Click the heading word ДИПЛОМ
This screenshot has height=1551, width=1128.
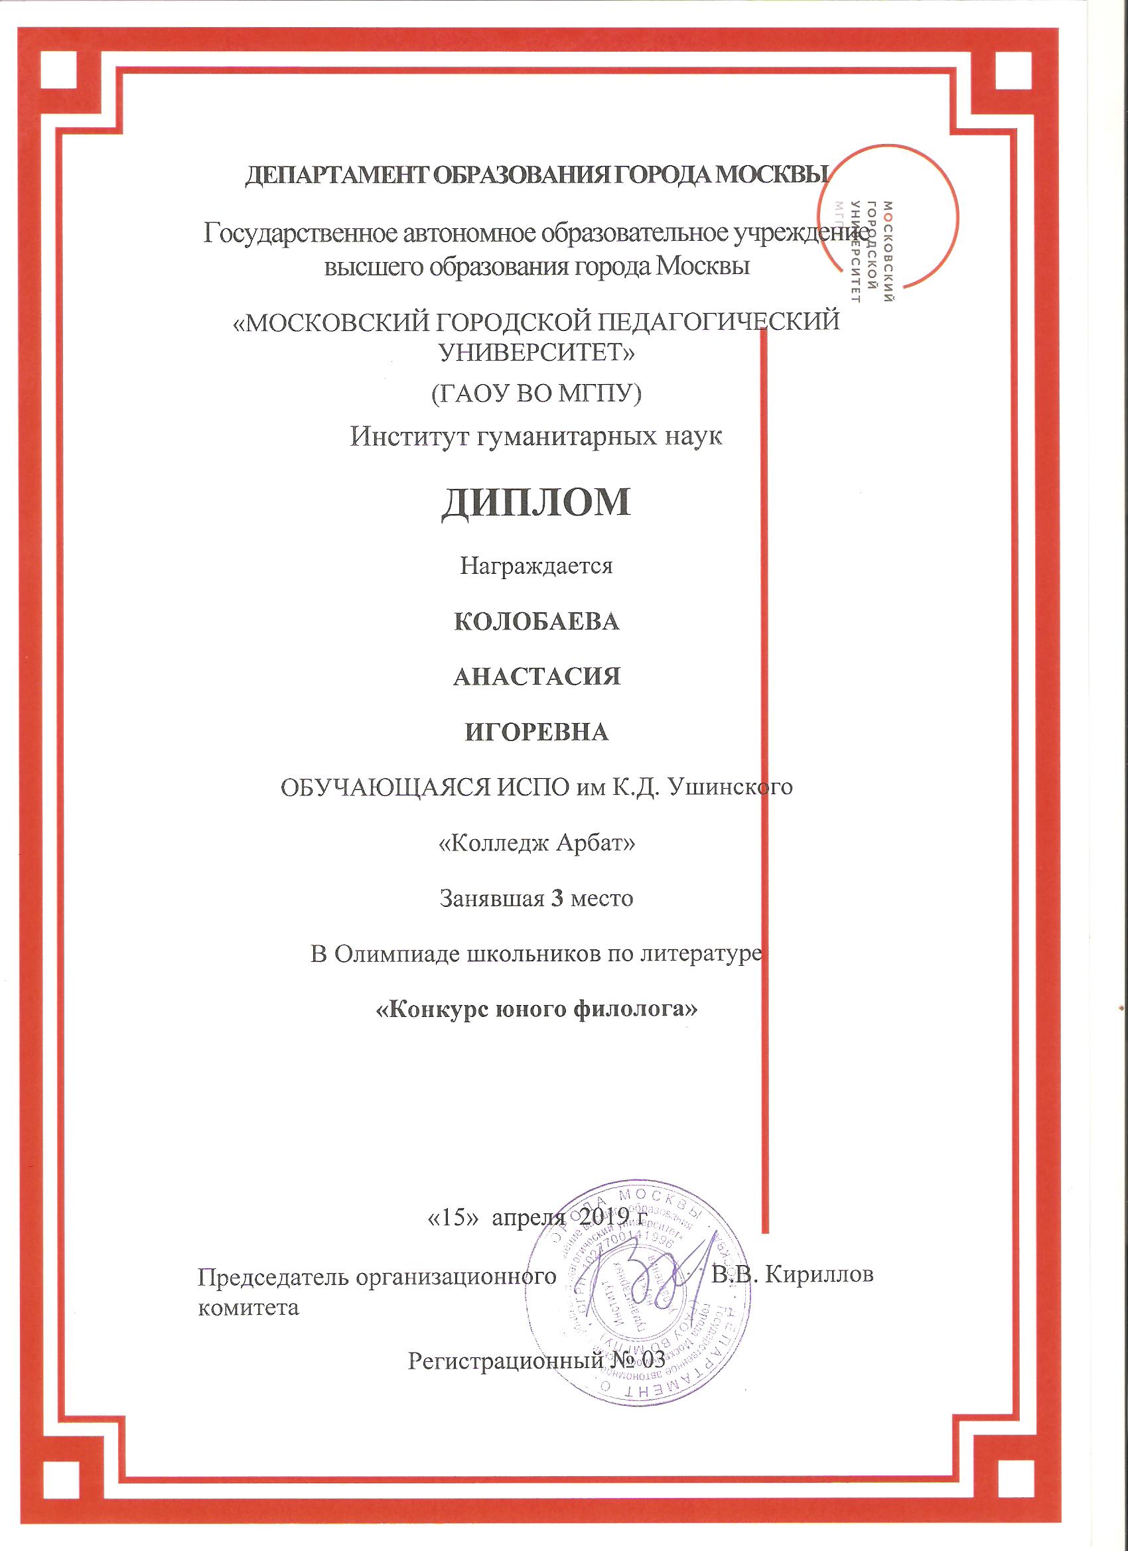coord(535,503)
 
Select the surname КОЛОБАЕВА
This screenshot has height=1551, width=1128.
coord(536,622)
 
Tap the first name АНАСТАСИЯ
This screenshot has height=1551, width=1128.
coord(537,677)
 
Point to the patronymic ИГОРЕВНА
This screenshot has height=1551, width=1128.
coord(537,732)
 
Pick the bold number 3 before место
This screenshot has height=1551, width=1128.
coord(557,898)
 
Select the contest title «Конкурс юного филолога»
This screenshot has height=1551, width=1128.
coord(537,1009)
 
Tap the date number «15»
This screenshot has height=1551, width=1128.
coord(451,1217)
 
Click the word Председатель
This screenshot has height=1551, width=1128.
coord(273,1276)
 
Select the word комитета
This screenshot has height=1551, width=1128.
coord(248,1308)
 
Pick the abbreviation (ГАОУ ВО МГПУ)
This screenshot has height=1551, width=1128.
coord(535,393)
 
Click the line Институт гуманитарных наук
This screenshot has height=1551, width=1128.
coord(535,436)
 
